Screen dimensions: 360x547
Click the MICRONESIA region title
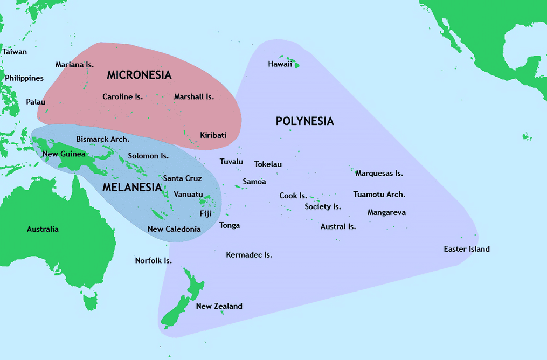pos(139,75)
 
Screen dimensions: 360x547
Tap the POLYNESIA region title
pos(304,121)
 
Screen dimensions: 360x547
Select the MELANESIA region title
pos(132,188)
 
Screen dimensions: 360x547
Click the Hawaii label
pos(280,64)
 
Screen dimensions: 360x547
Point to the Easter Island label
pos(467,249)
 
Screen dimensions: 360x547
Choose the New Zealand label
pos(219,306)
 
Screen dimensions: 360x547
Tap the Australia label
pos(43,229)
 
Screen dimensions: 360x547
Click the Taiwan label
pos(15,52)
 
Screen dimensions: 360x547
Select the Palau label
pos(36,102)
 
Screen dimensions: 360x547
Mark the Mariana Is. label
pos(74,65)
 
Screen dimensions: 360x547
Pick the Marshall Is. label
pos(194,97)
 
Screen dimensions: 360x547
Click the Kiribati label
pos(213,135)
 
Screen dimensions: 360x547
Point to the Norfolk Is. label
pos(153,261)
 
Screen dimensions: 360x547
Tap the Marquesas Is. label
pos(379,174)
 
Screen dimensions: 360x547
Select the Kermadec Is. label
pos(249,255)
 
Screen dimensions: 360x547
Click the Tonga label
pos(230,225)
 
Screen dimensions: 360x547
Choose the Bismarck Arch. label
pos(102,139)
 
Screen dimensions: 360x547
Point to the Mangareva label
pos(386,213)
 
